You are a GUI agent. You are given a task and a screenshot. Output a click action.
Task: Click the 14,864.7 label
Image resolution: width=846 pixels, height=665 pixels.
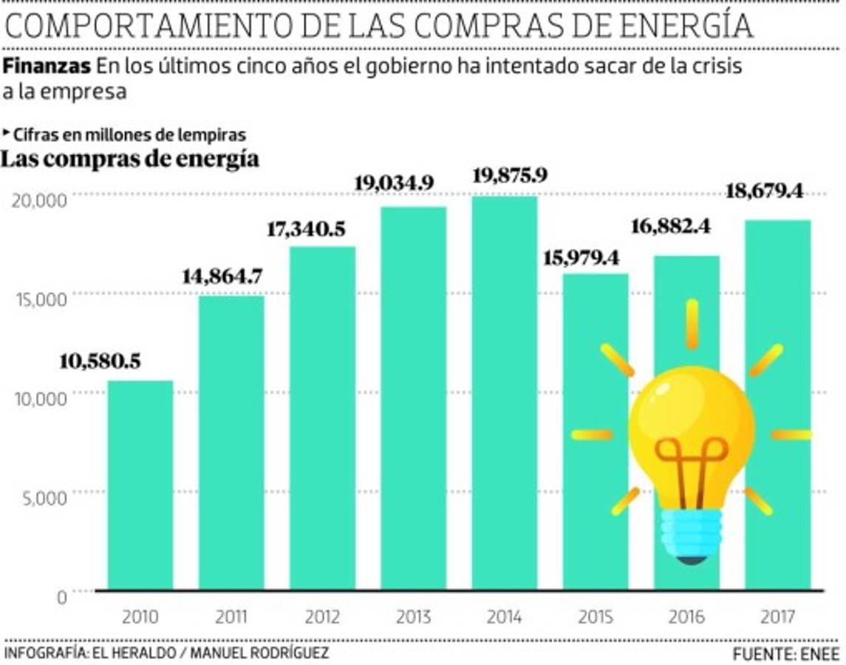[222, 277]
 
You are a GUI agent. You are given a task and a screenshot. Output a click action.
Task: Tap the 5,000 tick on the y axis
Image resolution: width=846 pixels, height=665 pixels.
[41, 497]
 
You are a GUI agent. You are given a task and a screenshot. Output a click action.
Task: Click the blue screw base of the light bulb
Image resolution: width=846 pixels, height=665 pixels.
[691, 535]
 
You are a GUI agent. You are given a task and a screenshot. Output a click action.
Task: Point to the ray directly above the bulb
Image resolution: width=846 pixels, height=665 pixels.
[692, 324]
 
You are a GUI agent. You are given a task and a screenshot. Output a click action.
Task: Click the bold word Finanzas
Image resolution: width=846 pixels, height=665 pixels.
[47, 65]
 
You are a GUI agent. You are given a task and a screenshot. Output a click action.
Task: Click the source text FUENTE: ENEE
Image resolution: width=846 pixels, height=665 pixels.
[786, 654]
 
